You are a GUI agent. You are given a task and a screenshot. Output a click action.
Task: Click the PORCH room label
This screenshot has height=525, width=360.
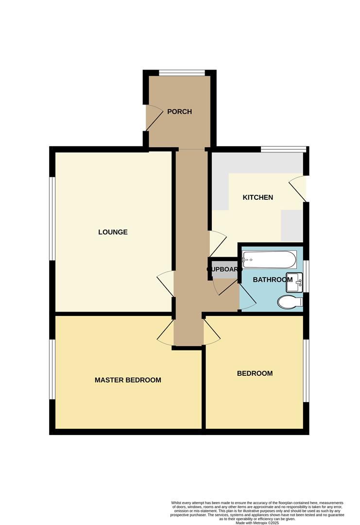coord(179,112)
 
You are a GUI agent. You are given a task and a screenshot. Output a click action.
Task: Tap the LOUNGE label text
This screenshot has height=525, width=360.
coord(113,232)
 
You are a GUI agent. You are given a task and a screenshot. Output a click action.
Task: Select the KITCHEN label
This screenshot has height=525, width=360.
coord(257,197)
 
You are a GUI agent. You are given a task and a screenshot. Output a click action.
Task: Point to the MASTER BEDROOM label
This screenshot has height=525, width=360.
coord(128,380)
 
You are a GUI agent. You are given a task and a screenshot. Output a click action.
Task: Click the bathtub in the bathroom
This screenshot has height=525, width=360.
coord(269,260)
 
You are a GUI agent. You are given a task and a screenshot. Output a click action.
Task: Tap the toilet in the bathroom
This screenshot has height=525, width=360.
coord(290,302)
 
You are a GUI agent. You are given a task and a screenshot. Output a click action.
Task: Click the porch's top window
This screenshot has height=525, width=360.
coord(182,73)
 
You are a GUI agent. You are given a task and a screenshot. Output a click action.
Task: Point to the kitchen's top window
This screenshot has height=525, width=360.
coord(283,149)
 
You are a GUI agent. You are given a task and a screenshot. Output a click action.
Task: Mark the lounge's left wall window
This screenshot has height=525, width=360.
coord(51,219)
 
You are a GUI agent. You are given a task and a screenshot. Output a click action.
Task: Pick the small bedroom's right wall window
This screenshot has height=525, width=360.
coord(306,370)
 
